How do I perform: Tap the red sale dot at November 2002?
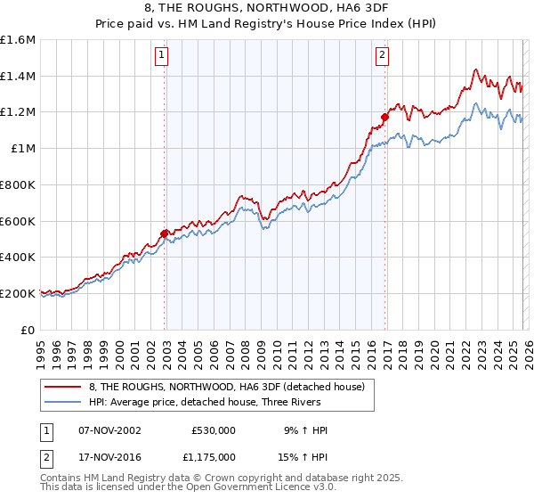[164, 233]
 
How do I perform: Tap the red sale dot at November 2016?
[385, 117]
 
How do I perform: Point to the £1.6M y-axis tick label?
[18, 40]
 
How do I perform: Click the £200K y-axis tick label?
[18, 293]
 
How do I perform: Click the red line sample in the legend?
[62, 386]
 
